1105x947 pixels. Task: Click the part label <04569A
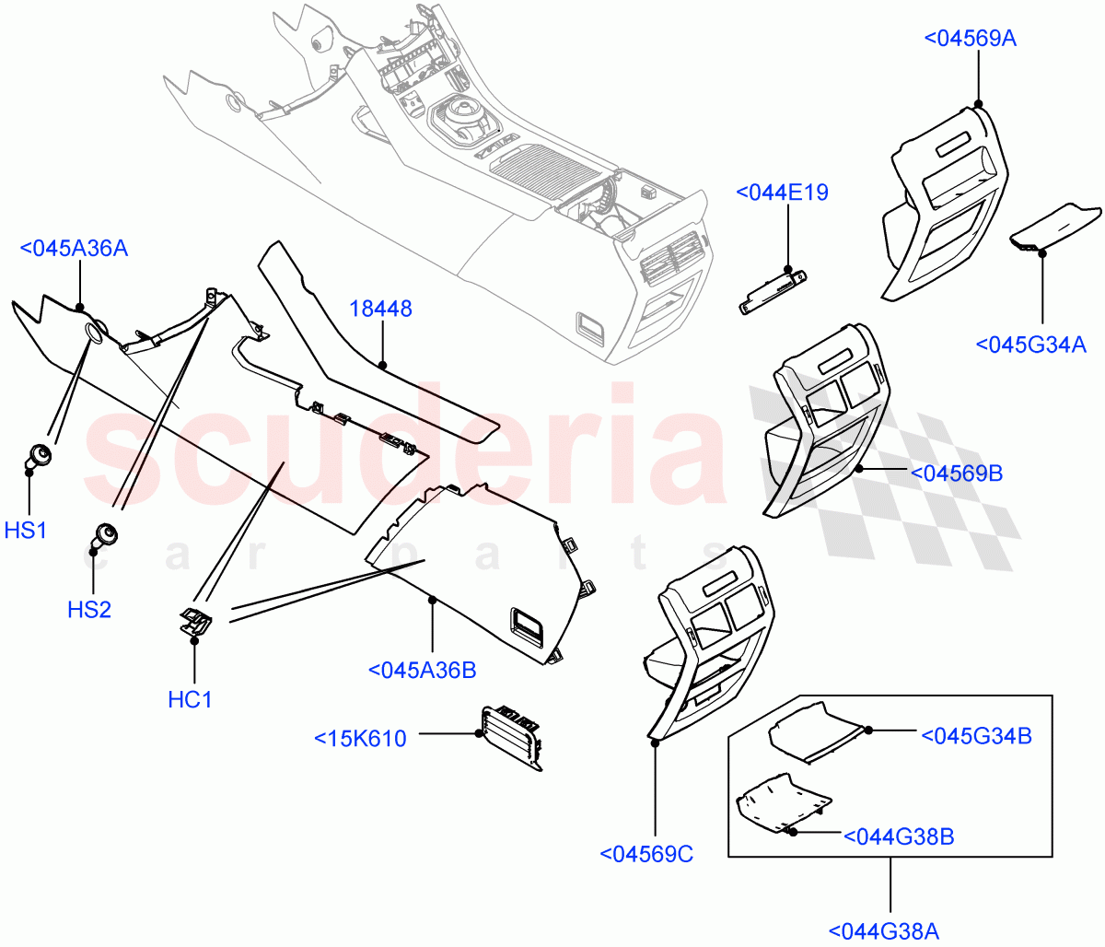[970, 38]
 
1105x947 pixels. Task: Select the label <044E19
[782, 193]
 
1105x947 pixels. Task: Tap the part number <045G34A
[1030, 345]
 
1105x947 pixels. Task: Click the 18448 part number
[380, 309]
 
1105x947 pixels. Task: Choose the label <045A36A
[73, 248]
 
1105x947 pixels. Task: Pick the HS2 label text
[89, 609]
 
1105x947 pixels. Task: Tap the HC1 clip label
[190, 699]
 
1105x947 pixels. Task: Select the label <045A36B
[422, 670]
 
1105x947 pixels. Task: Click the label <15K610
[360, 739]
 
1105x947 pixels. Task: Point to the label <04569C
[646, 854]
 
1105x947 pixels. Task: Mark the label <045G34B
[976, 736]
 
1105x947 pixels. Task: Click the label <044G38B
[898, 836]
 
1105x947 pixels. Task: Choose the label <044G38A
[883, 931]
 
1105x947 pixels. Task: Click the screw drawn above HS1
[40, 454]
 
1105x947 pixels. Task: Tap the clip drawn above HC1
[195, 622]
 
